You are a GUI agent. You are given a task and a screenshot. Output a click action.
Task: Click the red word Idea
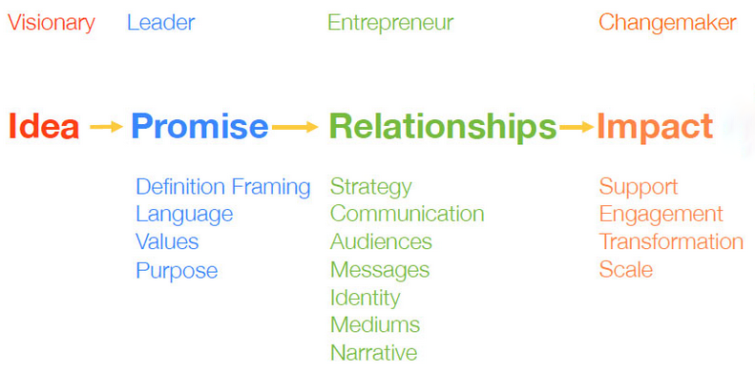(x=43, y=127)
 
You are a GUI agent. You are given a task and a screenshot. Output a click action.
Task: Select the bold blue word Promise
(x=199, y=127)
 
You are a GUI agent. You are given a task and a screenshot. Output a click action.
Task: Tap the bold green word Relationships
(x=442, y=127)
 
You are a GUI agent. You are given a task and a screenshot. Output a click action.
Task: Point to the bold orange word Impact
(x=655, y=127)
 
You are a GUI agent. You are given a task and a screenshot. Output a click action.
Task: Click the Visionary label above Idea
(x=52, y=23)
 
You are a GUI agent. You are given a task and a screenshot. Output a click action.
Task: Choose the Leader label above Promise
(x=160, y=23)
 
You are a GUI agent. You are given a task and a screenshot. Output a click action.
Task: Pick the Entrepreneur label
(x=390, y=23)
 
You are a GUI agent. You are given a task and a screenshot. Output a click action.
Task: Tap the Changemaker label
(x=667, y=23)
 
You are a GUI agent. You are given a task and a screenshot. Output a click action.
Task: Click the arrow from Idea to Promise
(x=106, y=126)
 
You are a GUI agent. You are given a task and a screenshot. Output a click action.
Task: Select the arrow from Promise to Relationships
(x=295, y=126)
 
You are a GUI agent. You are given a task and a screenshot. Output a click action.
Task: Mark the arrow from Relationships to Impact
(x=577, y=126)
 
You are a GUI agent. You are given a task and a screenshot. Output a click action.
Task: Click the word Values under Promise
(x=167, y=242)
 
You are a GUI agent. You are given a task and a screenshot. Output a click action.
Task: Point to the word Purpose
(x=177, y=271)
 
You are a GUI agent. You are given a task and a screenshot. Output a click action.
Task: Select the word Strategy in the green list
(x=370, y=186)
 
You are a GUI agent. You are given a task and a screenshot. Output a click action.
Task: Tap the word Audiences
(x=381, y=242)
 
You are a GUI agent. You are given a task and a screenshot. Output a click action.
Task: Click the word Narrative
(x=373, y=353)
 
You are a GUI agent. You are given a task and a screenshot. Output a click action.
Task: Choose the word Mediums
(x=374, y=325)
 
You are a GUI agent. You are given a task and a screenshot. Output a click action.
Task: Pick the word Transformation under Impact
(x=671, y=242)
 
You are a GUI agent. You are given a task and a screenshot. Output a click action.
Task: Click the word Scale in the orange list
(x=625, y=270)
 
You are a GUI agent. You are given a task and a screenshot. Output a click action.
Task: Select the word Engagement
(x=661, y=215)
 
